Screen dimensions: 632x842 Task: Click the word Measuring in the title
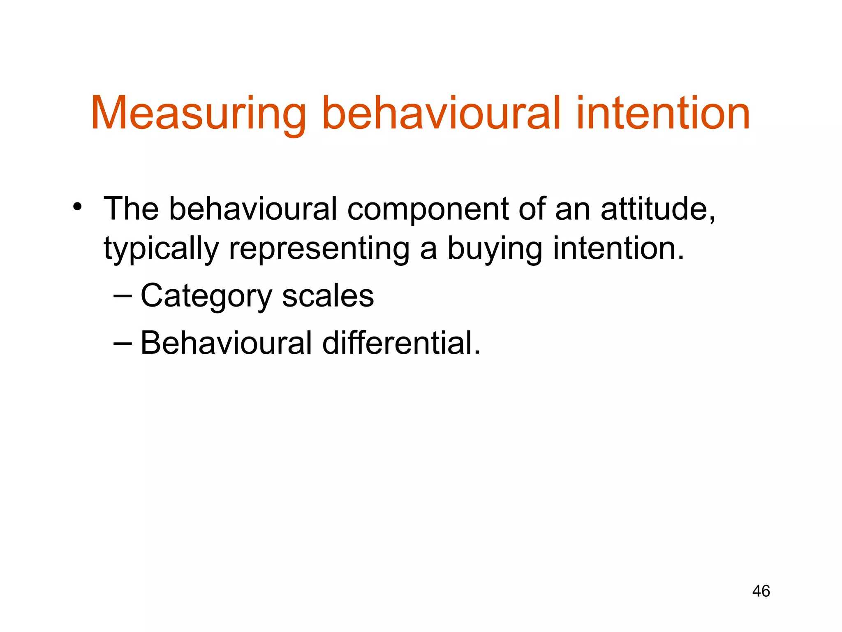pos(199,114)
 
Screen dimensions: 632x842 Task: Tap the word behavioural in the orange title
pos(442,114)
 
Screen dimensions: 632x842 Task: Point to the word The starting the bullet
pos(131,209)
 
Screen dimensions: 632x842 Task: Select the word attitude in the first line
pos(657,209)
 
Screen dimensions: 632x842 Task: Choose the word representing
pos(319,249)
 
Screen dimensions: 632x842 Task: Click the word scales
pos(328,296)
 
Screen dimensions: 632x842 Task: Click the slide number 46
pos(761,591)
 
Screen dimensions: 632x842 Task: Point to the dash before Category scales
pos(123,296)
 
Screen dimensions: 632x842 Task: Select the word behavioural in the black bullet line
pos(253,209)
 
